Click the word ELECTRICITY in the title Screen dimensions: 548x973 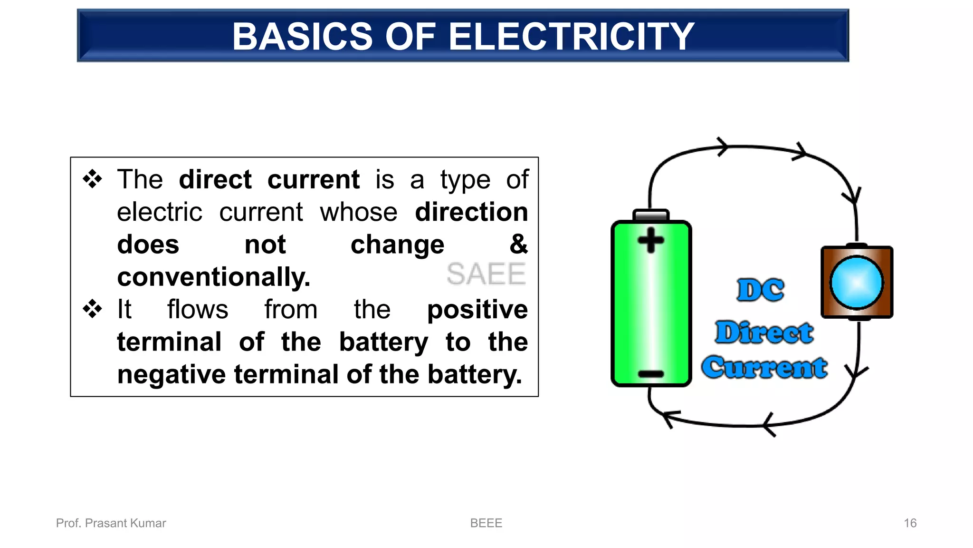tap(572, 37)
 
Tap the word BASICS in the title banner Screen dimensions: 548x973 tap(303, 37)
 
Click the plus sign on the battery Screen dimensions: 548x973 tap(650, 240)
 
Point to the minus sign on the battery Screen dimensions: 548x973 tap(651, 374)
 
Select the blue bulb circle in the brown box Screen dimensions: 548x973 tap(857, 283)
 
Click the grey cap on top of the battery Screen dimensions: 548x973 tap(651, 215)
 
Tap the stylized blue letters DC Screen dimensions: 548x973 tap(760, 290)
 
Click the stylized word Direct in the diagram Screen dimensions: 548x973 tap(764, 332)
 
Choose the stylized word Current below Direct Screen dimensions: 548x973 tap(764, 367)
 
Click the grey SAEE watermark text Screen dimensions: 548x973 tap(486, 274)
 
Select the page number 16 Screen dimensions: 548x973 tap(910, 523)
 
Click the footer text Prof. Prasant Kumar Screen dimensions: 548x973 tap(111, 523)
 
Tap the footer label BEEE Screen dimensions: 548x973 tap(486, 523)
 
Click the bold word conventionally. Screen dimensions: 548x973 tap(214, 277)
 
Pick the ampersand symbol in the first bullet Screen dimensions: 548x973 tap(518, 244)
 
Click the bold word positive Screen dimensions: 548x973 tap(477, 310)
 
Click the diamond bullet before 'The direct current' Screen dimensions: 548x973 tap(92, 179)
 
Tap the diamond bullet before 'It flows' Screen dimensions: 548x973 tap(92, 309)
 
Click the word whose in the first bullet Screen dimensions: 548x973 tap(358, 212)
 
